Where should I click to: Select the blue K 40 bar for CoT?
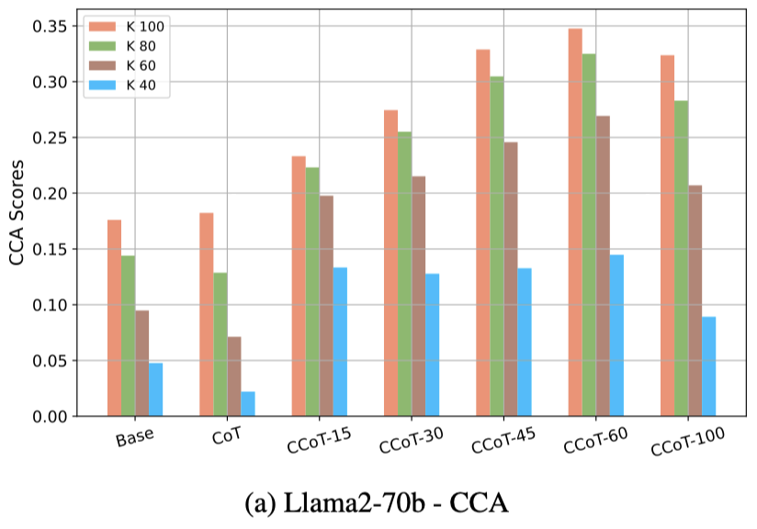pos(248,403)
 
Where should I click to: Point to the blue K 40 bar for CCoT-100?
pos(708,366)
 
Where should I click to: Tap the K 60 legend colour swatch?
pos(103,64)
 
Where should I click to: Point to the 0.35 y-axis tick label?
pos(50,27)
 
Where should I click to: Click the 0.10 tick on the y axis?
pos(50,305)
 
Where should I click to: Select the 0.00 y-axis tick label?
pos(50,416)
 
